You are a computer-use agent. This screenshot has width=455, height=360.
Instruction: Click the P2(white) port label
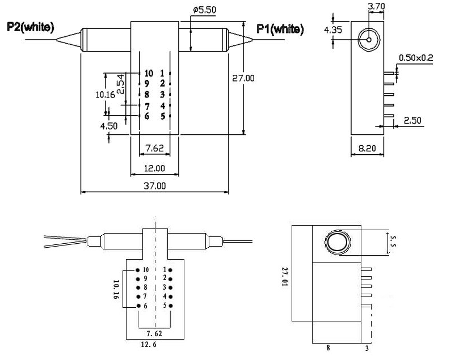(31, 27)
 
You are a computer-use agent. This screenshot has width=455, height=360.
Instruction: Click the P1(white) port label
(280, 28)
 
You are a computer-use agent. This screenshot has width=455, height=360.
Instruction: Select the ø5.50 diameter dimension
(204, 10)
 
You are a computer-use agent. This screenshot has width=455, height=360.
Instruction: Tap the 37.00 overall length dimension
(154, 185)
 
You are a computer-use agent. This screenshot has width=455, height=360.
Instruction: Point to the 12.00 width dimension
(154, 168)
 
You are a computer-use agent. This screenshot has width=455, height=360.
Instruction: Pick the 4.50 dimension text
(109, 126)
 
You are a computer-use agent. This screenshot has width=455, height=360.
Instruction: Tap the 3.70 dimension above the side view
(377, 7)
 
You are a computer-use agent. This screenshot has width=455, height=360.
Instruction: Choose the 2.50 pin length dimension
(412, 120)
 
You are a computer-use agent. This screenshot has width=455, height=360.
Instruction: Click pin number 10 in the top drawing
(149, 73)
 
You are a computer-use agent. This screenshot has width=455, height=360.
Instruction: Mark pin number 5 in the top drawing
(162, 117)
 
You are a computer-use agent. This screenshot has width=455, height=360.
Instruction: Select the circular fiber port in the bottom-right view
(335, 243)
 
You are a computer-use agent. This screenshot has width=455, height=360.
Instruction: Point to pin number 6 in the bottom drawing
(146, 306)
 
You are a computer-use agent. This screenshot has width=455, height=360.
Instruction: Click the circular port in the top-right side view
(368, 39)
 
